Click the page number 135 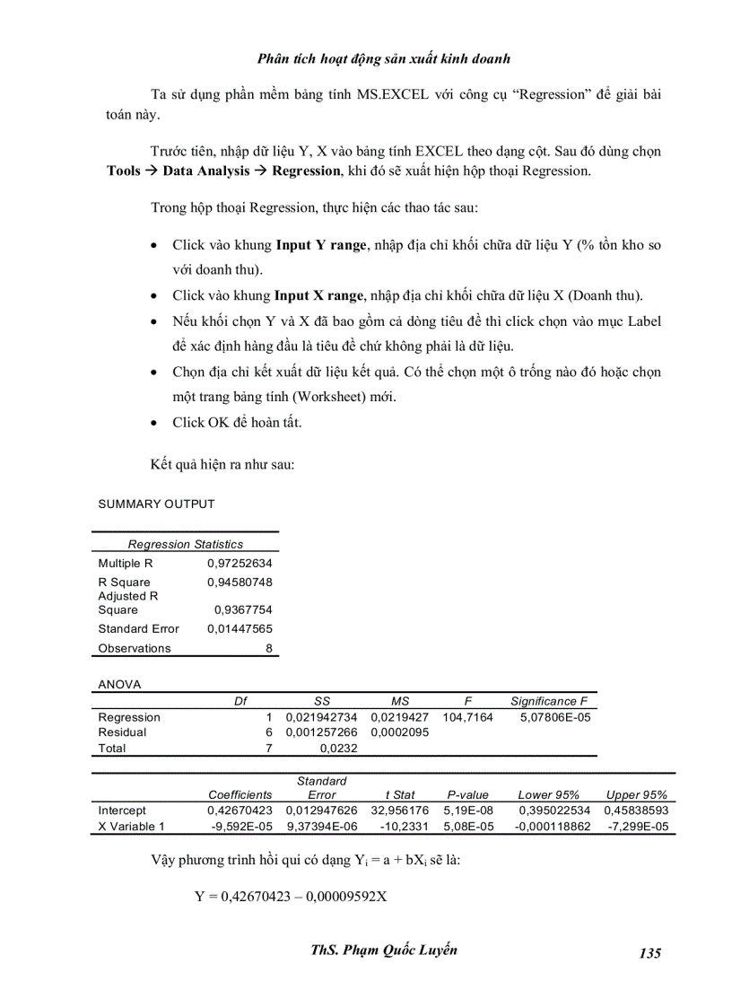pyautogui.click(x=650, y=952)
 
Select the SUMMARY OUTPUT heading pyautogui.click(x=156, y=504)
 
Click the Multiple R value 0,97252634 pyautogui.click(x=240, y=564)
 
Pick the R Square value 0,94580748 pyautogui.click(x=240, y=583)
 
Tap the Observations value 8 pyautogui.click(x=268, y=648)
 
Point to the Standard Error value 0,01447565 pyautogui.click(x=240, y=628)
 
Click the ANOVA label pyautogui.click(x=119, y=684)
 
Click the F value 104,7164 pyautogui.click(x=467, y=717)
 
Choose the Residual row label pyautogui.click(x=122, y=732)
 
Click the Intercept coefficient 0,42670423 pyautogui.click(x=240, y=810)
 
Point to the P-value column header pyautogui.click(x=467, y=794)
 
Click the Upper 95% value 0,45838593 pyautogui.click(x=636, y=810)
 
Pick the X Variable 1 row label pyautogui.click(x=131, y=826)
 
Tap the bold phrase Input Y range pyautogui.click(x=320, y=244)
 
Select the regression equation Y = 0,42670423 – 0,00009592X pyautogui.click(x=291, y=896)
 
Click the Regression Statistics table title pyautogui.click(x=185, y=544)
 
